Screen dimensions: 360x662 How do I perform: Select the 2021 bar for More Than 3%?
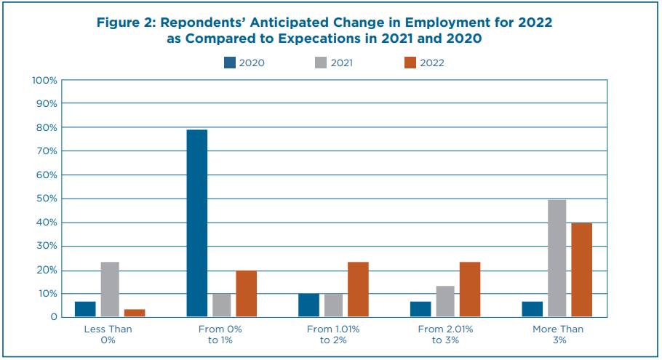tap(557, 258)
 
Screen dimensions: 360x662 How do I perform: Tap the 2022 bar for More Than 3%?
tap(581, 270)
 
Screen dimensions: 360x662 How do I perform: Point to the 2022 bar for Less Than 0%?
tap(135, 313)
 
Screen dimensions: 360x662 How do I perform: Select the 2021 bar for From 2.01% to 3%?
tap(445, 301)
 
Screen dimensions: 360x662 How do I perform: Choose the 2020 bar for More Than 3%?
tap(532, 309)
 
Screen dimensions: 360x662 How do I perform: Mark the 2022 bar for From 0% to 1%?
tap(247, 294)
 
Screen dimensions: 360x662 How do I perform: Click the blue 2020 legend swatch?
tap(230, 63)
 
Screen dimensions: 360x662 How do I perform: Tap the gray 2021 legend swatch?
tap(319, 63)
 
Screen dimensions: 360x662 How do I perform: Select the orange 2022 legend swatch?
tap(410, 63)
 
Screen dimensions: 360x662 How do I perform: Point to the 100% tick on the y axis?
tap(44, 80)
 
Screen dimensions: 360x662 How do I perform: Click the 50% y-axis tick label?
tap(47, 199)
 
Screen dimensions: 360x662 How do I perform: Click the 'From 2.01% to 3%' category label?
tap(445, 335)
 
